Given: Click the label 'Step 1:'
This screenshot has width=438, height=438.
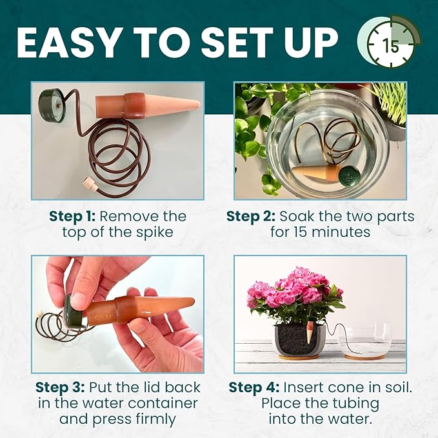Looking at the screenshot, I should click(x=72, y=216).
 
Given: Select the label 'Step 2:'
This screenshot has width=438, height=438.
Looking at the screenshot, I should click(x=250, y=216).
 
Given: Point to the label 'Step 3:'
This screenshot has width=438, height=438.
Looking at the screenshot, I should click(x=60, y=388).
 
